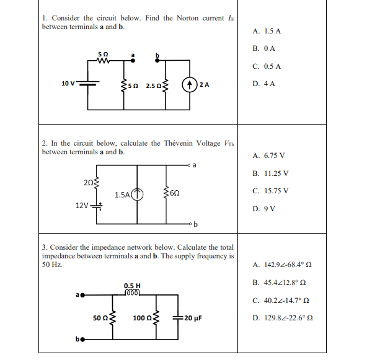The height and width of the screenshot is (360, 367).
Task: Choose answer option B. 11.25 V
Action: tap(271, 173)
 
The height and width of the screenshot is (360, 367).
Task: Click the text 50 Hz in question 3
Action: tap(51, 265)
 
